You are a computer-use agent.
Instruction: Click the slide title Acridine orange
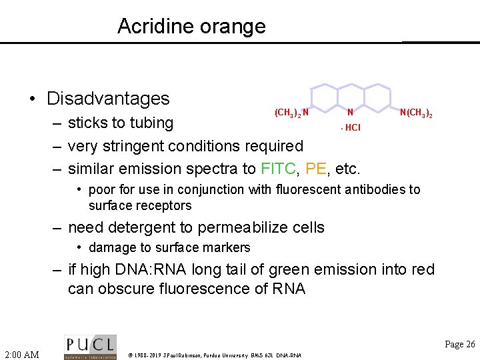[191, 26]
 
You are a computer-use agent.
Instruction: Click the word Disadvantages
[108, 99]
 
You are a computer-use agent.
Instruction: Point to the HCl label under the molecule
[352, 127]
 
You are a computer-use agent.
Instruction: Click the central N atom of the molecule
[350, 113]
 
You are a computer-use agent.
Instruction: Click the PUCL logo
[90, 347]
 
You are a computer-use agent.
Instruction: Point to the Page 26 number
[460, 344]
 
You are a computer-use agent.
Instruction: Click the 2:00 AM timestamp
[22, 354]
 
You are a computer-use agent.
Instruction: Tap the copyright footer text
[214, 355]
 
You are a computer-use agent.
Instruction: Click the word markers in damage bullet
[228, 248]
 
